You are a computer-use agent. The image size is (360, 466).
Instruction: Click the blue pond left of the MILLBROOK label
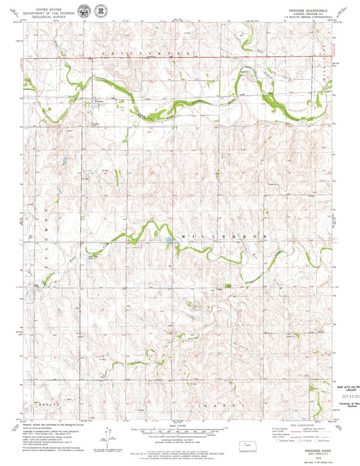(x=166, y=239)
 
